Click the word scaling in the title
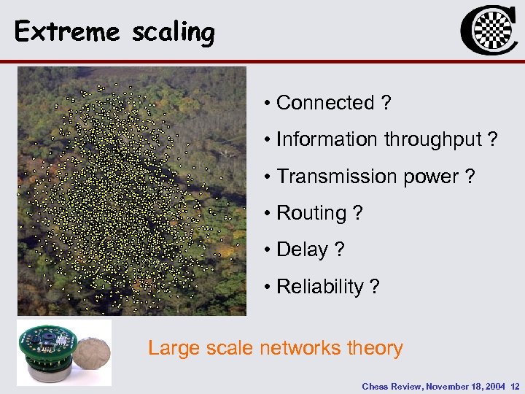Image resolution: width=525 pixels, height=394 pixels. pos(174,33)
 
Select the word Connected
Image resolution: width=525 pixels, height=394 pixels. pos(325,103)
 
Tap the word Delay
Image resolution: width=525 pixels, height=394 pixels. pos(302,250)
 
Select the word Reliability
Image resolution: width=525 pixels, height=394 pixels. pos(320,287)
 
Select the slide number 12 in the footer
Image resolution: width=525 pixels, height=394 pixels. pos(516,386)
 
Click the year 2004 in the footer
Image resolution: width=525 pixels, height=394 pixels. pos(495,386)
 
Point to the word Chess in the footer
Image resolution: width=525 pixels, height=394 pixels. pos(375,386)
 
